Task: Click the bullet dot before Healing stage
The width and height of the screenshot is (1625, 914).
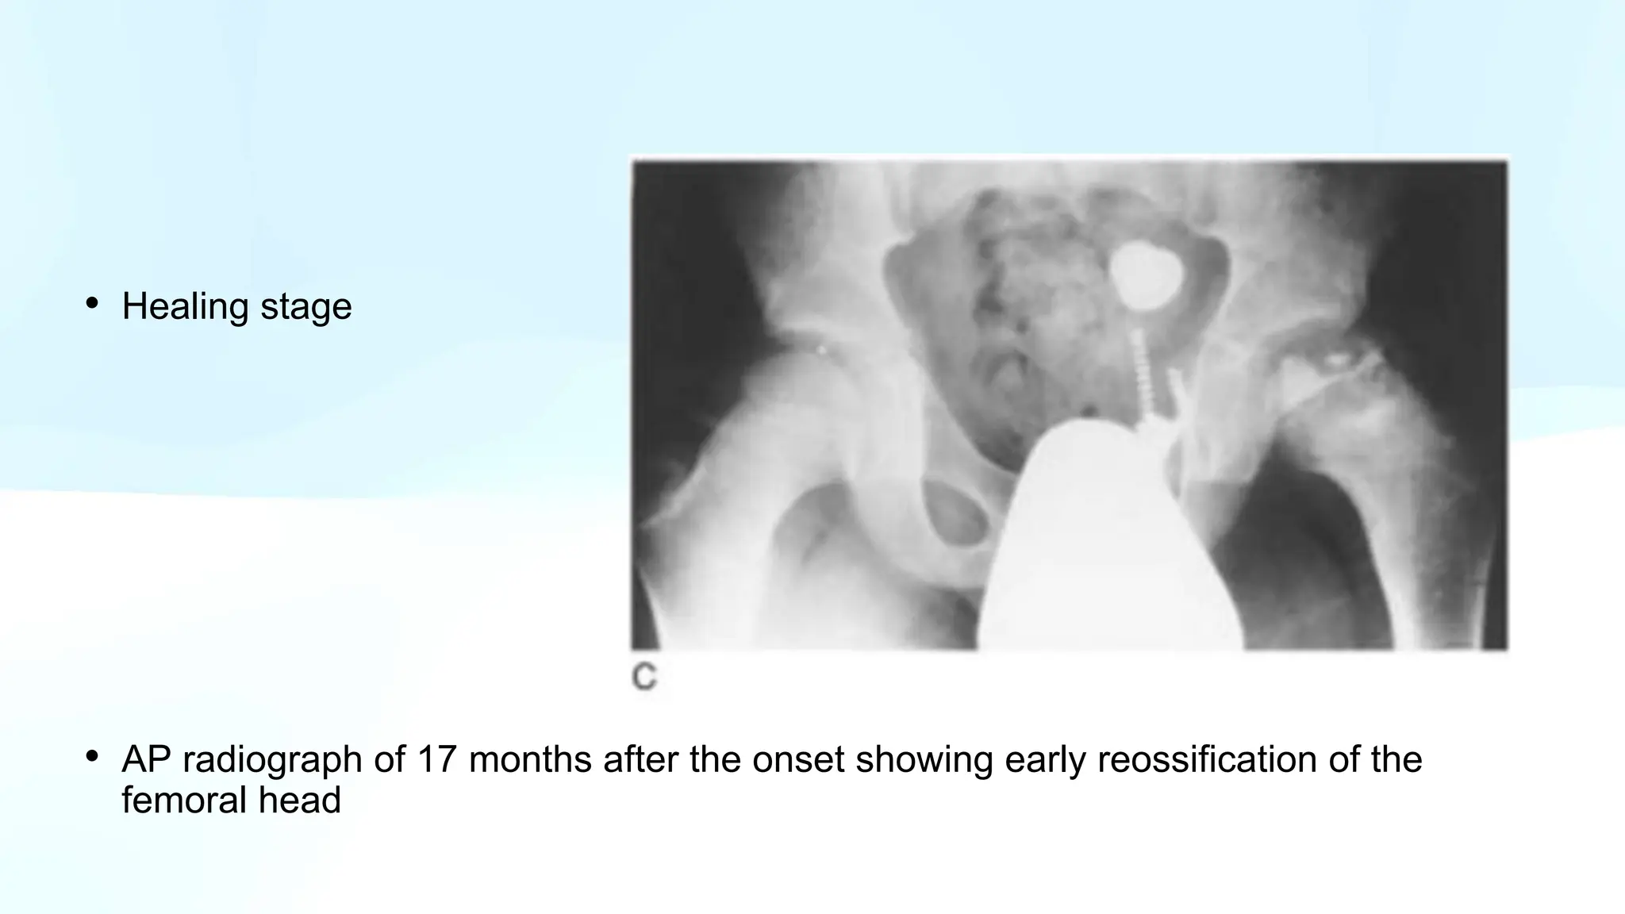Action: click(93, 303)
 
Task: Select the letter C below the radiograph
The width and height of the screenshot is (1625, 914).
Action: click(644, 678)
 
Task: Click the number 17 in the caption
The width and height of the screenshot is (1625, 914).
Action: click(436, 759)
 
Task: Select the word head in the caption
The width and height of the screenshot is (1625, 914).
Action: click(305, 800)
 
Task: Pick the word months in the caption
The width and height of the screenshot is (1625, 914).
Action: click(530, 759)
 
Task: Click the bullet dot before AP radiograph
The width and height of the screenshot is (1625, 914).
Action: click(93, 756)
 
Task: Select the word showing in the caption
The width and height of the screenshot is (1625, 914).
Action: click(924, 760)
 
